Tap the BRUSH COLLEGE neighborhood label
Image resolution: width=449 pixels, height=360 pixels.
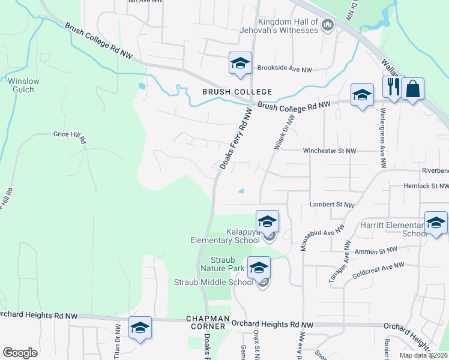pyautogui.click(x=237, y=92)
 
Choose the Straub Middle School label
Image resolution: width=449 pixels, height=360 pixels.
pyautogui.click(x=214, y=282)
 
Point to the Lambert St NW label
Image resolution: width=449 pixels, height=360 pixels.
pyautogui.click(x=330, y=205)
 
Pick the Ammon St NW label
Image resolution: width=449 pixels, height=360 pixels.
pyautogui.click(x=376, y=251)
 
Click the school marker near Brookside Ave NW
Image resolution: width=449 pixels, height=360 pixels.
pyautogui.click(x=240, y=63)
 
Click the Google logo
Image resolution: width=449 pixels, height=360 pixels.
pyautogui.click(x=20, y=353)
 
